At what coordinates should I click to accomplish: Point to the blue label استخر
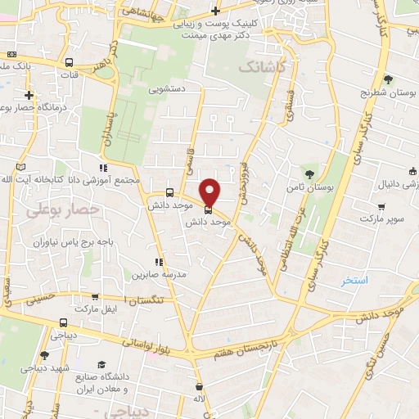tap(356, 280)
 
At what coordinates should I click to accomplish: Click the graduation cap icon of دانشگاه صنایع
tap(102, 364)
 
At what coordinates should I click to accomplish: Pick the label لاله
tap(198, 398)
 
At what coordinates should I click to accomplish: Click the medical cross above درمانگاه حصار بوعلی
tap(29, 95)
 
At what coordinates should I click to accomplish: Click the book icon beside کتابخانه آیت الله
tap(21, 168)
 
